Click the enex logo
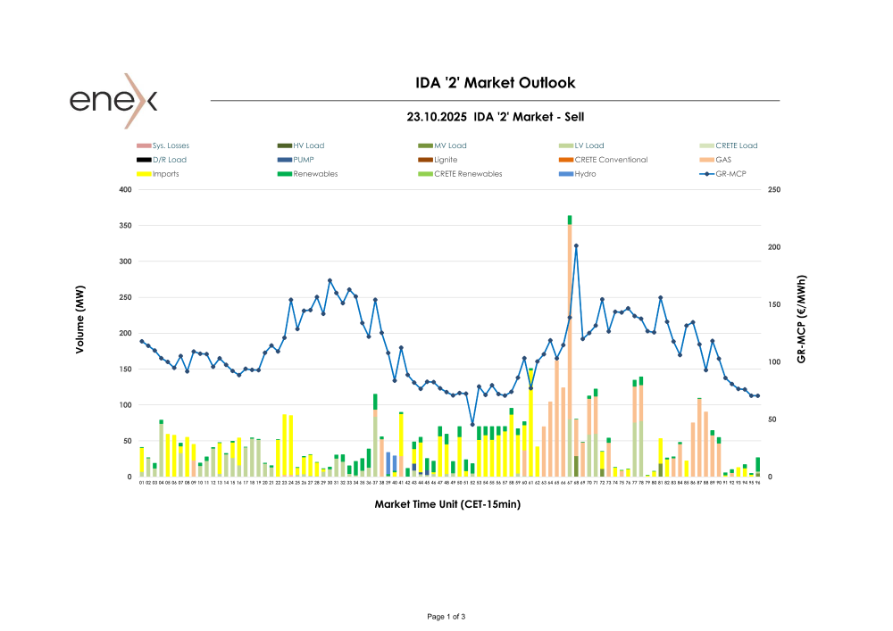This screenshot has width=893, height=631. click(113, 100)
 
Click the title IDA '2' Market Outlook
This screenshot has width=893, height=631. click(496, 83)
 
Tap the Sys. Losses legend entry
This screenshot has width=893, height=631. click(170, 145)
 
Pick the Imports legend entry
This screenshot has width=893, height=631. click(165, 174)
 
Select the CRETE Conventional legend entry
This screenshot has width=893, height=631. click(611, 160)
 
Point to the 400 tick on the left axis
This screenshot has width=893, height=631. click(125, 190)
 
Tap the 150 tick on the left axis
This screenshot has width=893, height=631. click(125, 369)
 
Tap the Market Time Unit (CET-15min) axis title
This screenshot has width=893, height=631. click(447, 504)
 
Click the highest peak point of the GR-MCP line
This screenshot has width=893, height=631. click(576, 245)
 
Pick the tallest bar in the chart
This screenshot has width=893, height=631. click(570, 348)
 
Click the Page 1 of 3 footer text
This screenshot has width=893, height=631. click(446, 617)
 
